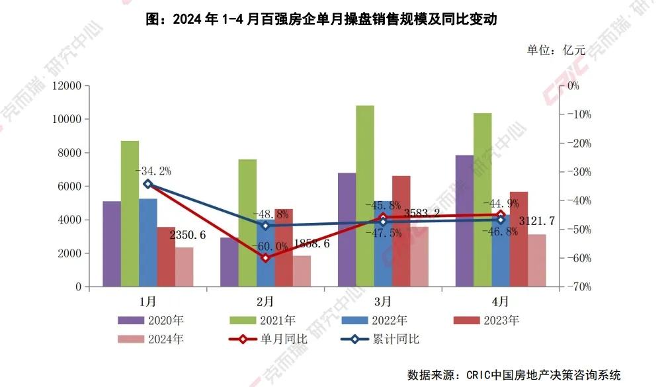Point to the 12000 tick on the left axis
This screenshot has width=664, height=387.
click(68, 86)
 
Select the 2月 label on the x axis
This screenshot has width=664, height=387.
click(265, 302)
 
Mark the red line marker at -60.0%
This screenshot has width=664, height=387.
click(265, 258)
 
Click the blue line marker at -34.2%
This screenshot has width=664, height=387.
click(148, 184)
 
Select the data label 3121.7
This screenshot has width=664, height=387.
click(536, 221)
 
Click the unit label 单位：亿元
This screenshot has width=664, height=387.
click(556, 50)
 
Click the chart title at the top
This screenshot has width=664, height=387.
click(321, 20)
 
